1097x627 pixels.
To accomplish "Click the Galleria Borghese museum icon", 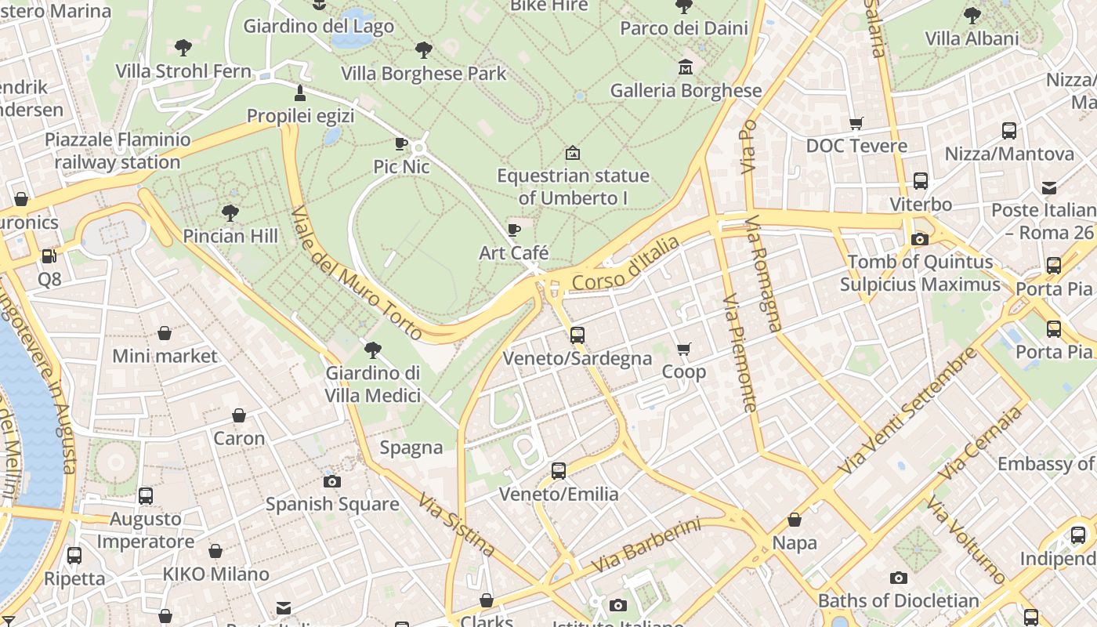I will point(686,67).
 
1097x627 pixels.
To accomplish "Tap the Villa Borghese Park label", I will point(424,74).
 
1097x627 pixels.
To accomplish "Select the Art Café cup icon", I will point(513,230).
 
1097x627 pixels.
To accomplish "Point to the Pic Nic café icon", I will point(401,143).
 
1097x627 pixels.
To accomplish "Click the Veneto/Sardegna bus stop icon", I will point(577,335).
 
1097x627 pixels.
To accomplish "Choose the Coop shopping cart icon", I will point(684,349).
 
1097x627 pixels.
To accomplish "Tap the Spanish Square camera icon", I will point(332,481).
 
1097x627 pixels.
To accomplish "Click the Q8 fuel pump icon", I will point(49,256).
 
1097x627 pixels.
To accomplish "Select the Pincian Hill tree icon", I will point(230,212).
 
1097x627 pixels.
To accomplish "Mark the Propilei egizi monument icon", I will point(300,93).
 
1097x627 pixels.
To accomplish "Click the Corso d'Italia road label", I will point(625,266).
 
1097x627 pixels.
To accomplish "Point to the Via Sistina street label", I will point(456,524).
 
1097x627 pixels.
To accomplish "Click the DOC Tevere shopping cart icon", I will point(856,123).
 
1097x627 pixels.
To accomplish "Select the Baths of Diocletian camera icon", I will point(899,578).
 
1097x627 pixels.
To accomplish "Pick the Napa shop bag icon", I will point(795,520).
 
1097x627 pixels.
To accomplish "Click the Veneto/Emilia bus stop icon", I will point(559,471).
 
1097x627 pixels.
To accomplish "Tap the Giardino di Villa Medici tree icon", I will point(373,350).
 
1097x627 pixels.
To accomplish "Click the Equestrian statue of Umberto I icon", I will point(573,152).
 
